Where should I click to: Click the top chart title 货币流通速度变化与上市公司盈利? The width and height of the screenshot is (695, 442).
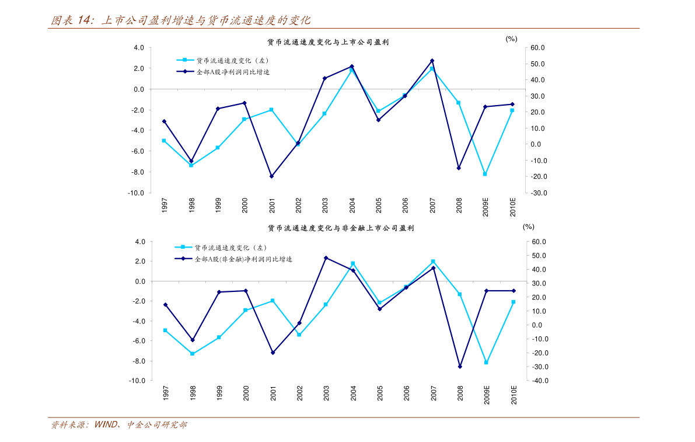click(328, 43)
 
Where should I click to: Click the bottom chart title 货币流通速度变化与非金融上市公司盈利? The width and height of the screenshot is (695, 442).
click(341, 228)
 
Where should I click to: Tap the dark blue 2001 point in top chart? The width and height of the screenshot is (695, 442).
click(271, 176)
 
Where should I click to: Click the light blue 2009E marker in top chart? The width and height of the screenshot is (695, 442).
click(485, 174)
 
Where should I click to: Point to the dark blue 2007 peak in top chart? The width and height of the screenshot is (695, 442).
click(432, 61)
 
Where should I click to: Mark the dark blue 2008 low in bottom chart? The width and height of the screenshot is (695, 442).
click(460, 367)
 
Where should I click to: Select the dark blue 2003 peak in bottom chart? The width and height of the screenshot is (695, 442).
click(326, 257)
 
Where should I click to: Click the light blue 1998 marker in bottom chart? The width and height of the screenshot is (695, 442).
click(192, 354)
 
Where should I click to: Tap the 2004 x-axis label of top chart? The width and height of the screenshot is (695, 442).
click(352, 206)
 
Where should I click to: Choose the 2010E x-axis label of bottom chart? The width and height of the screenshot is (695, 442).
click(514, 393)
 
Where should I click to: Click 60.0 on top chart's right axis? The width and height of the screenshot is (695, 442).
click(537, 48)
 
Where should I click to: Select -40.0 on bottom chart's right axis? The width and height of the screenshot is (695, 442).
click(538, 381)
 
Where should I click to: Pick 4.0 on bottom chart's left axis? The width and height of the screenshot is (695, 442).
click(139, 242)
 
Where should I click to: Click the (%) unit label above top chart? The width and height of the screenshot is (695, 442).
click(511, 39)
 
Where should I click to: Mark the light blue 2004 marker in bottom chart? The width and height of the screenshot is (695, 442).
click(352, 263)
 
